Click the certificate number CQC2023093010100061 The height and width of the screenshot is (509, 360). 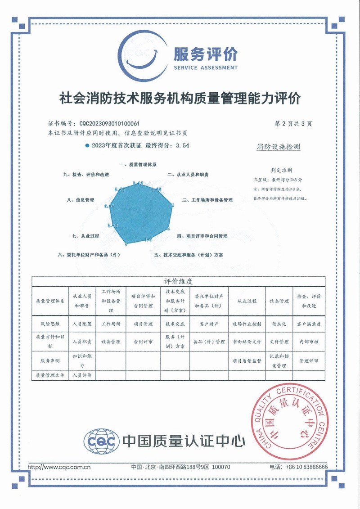[x=109, y=123]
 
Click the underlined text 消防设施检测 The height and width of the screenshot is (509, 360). [x=279, y=147]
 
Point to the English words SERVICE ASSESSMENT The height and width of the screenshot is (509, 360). [x=205, y=68]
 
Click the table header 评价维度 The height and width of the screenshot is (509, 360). [x=178, y=282]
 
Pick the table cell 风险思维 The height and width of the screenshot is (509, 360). [x=49, y=324]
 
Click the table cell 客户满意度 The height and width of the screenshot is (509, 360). [x=309, y=324]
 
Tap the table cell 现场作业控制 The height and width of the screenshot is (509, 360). [x=247, y=324]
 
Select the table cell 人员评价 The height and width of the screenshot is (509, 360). [x=82, y=375]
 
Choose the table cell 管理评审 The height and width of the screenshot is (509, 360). [x=309, y=361]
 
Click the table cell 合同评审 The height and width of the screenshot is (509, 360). [x=144, y=342]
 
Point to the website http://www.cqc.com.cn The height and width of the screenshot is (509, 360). [x=59, y=467]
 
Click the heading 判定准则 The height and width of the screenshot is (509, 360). [x=281, y=171]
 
